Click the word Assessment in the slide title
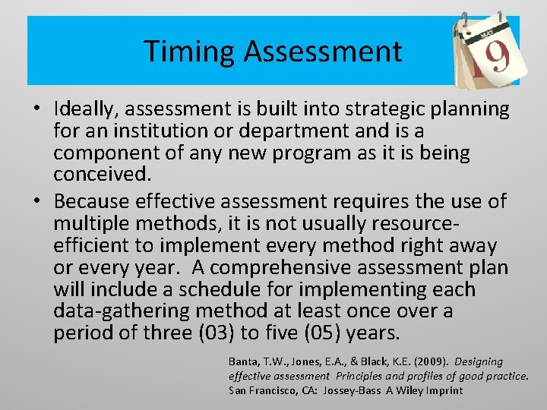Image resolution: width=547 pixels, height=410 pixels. point(323,52)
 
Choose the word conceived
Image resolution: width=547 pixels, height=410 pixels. point(102,174)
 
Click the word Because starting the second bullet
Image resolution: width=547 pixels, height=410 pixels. point(93,202)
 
